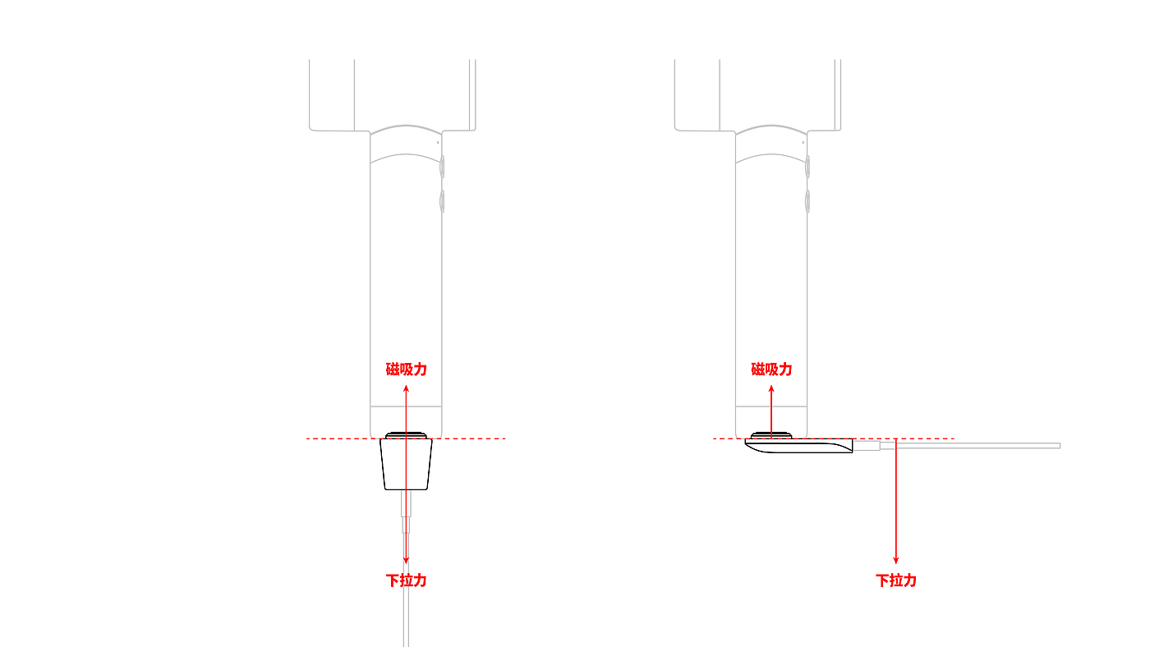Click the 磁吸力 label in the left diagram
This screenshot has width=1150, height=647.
tap(406, 369)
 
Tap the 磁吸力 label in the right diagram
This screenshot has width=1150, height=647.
tap(771, 369)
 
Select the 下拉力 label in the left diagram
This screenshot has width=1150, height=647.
tap(406, 580)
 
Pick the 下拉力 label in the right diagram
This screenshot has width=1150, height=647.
tap(896, 580)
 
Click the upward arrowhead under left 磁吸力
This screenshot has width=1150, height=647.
tap(406, 389)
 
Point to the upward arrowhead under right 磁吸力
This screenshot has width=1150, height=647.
tap(771, 389)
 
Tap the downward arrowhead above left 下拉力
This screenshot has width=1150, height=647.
tap(406, 560)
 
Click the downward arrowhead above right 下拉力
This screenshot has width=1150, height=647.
tap(896, 560)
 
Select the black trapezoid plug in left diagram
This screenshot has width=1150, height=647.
tap(406, 465)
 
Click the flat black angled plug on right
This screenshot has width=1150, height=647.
tap(798, 446)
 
